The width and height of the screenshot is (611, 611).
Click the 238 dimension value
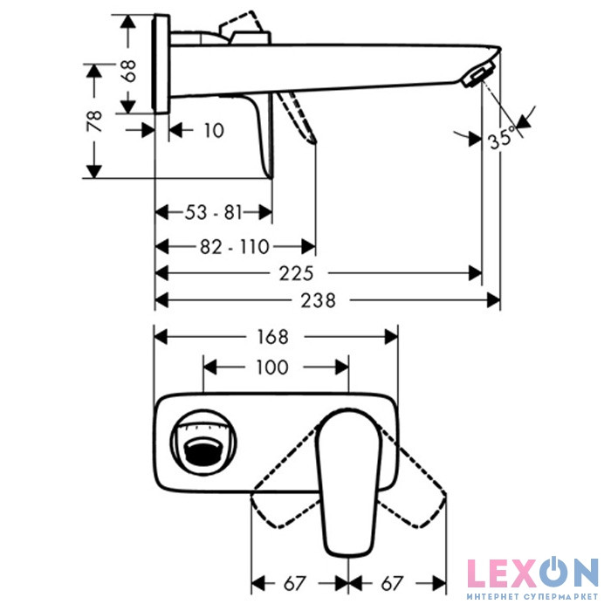(x=318, y=301)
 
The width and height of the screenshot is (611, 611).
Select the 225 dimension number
(x=296, y=273)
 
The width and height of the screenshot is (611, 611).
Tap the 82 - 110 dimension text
(x=235, y=247)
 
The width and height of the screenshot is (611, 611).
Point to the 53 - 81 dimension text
(x=214, y=213)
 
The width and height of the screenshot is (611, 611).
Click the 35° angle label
(x=502, y=139)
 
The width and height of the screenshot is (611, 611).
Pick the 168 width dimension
(x=272, y=337)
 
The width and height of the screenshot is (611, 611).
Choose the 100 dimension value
(x=272, y=367)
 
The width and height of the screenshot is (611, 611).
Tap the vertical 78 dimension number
(x=94, y=121)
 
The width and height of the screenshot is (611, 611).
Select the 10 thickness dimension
(x=215, y=131)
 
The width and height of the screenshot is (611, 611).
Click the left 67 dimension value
(x=295, y=583)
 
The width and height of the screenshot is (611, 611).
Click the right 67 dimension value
(x=392, y=583)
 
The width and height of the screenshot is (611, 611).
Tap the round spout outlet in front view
(x=203, y=443)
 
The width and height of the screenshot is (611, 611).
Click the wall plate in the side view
(x=161, y=64)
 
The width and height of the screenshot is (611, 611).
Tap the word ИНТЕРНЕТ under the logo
(x=491, y=596)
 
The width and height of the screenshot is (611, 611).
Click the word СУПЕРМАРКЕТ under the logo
(x=561, y=596)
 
